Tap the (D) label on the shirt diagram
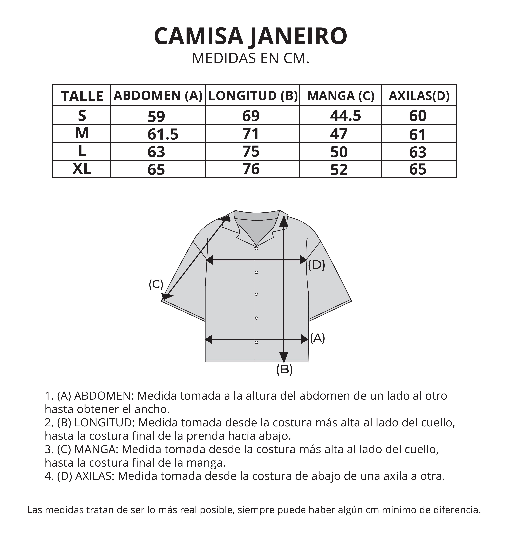pos(316,265)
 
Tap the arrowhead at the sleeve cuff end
pos(166,297)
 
